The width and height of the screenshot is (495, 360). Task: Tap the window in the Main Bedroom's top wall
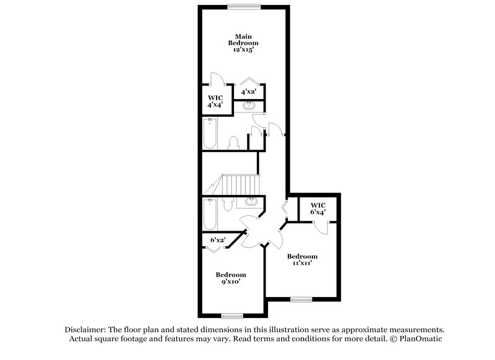[243, 7]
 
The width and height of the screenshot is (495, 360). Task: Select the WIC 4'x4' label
[215, 101]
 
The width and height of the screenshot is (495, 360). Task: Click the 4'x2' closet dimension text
[249, 92]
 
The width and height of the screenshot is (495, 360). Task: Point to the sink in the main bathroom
[249, 106]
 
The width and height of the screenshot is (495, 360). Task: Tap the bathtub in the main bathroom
[209, 134]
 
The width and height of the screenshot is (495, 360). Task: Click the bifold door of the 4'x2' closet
[249, 82]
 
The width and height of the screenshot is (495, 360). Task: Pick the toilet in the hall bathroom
[226, 205]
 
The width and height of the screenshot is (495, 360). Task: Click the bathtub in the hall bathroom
[209, 214]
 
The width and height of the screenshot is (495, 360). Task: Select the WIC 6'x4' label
[317, 208]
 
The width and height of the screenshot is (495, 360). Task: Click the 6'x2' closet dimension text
[218, 240]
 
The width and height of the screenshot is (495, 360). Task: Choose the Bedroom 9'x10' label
[230, 278]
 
